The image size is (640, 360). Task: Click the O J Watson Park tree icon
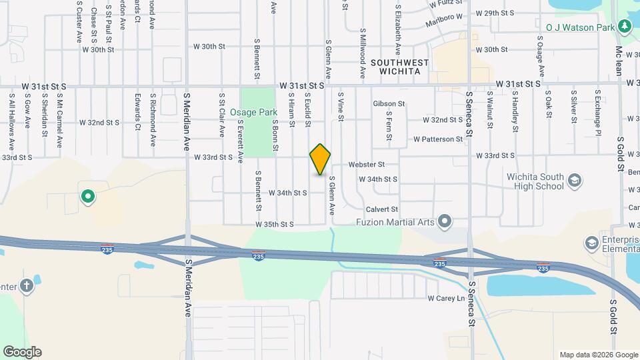pyautogui.click(x=625, y=27)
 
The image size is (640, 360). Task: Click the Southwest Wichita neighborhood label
pyautogui.click(x=399, y=67)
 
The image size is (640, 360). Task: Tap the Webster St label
pyautogui.click(x=366, y=164)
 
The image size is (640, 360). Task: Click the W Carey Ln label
pyautogui.click(x=445, y=298)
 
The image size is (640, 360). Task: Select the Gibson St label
pyautogui.click(x=389, y=103)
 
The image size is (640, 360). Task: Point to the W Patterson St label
pyautogui.click(x=437, y=139)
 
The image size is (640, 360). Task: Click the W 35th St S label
pyautogui.click(x=275, y=225)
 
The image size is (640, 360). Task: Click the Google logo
pyautogui.click(x=22, y=351)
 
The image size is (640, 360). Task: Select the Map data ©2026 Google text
pyautogui.click(x=597, y=355)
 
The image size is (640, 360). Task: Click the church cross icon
pyautogui.click(x=27, y=285)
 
